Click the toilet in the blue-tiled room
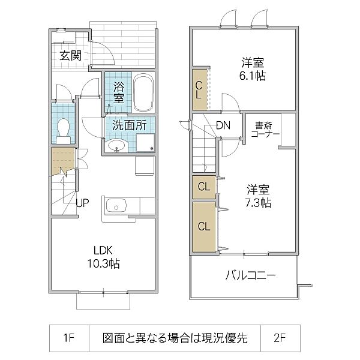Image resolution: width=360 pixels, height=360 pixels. (64, 131)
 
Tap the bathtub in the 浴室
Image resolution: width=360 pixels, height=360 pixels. (143, 92)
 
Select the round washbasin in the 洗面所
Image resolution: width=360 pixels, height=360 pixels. (116, 145)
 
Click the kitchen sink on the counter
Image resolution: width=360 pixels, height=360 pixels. (116, 206)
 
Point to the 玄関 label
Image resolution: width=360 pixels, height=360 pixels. (71, 55)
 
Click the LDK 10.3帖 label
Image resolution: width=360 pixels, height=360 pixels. (104, 257)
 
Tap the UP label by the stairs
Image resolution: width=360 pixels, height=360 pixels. (82, 203)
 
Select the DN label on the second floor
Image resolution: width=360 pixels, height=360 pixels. (223, 125)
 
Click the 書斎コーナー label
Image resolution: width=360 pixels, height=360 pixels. (265, 130)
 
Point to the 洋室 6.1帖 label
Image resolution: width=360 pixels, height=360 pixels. (253, 69)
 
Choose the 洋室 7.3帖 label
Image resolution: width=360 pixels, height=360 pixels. (258, 196)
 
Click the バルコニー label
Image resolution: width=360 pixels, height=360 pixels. (250, 275)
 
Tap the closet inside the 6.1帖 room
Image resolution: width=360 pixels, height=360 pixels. (200, 90)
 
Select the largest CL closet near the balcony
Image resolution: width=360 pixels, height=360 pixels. (204, 227)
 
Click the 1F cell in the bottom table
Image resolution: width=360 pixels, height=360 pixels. (69, 338)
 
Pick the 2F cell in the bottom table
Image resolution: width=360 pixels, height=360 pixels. (280, 338)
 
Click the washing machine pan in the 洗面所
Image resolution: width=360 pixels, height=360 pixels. (145, 143)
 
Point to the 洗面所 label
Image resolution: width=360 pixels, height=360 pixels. (130, 125)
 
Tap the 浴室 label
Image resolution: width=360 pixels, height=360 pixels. (119, 93)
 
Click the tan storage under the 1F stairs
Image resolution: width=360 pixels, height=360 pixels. (63, 161)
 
